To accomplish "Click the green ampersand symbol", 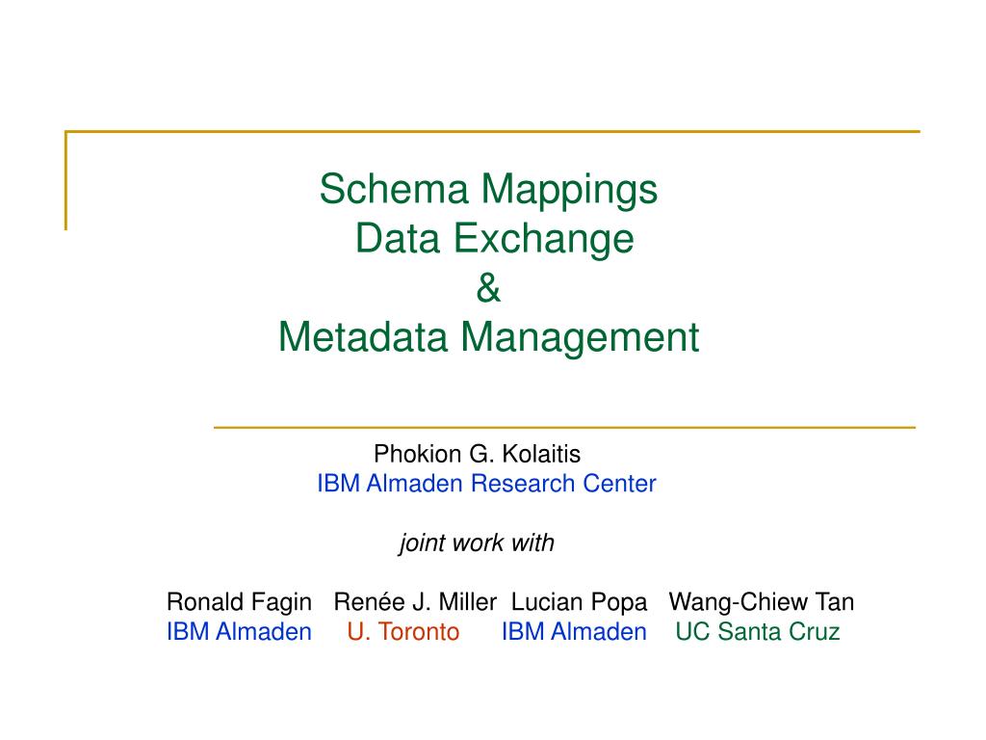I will coord(489,288).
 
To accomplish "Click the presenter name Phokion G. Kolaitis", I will coord(478,453).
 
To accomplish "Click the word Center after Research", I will coord(619,484).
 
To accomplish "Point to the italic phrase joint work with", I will coord(477,543).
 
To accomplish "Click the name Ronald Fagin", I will coord(239,603).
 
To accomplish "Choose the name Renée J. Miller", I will coord(415,603).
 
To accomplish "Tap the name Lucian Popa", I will coord(579,603).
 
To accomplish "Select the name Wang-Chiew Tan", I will coord(761,603).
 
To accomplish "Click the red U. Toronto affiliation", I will coord(403,632).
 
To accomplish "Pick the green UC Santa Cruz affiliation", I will coord(757,632).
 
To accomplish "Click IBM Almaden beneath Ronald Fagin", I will coord(239,632).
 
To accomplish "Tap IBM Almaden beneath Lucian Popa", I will coord(574,632).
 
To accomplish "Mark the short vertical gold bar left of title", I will coord(66,180).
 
